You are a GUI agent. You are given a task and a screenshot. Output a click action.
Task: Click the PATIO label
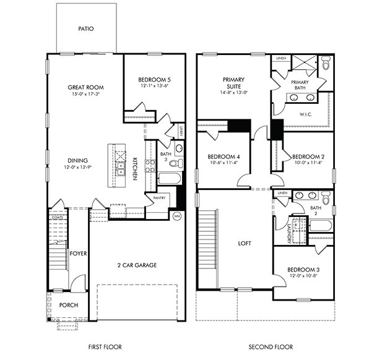[x=86, y=28]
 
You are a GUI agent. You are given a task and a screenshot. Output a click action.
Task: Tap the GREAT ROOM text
[x=85, y=87]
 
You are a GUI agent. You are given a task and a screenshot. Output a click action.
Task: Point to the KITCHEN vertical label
[x=134, y=168]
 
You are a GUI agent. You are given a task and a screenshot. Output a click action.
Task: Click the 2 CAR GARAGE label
[x=136, y=265]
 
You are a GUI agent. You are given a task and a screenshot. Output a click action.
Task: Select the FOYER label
[x=78, y=253]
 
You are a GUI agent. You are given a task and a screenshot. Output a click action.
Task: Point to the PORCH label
[x=68, y=305]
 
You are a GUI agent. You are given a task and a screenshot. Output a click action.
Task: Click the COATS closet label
[x=57, y=217]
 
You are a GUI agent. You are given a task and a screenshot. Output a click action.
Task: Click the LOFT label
[x=245, y=243]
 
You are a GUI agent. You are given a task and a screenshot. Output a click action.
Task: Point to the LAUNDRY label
[x=289, y=231]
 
